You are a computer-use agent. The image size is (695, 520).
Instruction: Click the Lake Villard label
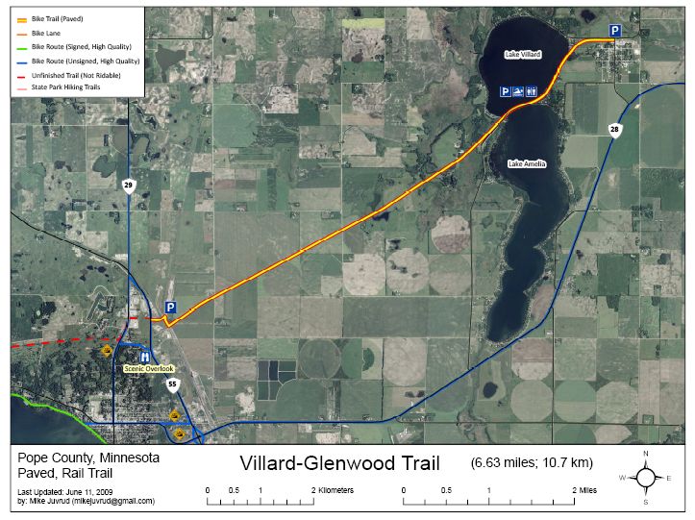pyautogui.click(x=523, y=55)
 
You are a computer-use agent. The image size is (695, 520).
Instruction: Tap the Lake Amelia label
pyautogui.click(x=527, y=164)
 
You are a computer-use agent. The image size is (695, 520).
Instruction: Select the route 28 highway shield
pyautogui.click(x=614, y=130)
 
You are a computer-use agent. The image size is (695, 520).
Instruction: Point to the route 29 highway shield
pyautogui.click(x=129, y=186)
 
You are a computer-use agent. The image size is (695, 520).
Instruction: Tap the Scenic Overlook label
pyautogui.click(x=149, y=369)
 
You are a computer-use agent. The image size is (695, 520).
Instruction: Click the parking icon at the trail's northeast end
pyautogui.click(x=615, y=31)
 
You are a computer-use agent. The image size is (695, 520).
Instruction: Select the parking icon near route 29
pyautogui.click(x=170, y=308)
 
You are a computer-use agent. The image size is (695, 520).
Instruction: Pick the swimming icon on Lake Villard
pyautogui.click(x=518, y=92)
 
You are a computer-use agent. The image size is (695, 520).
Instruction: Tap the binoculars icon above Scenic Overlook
pyautogui.click(x=145, y=356)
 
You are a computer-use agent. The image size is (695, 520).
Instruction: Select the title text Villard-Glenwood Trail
pyautogui.click(x=339, y=464)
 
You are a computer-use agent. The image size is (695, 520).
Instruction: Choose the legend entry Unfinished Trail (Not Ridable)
pyautogui.click(x=71, y=74)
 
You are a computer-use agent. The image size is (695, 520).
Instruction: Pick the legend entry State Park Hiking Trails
pyautogui.click(x=65, y=87)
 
